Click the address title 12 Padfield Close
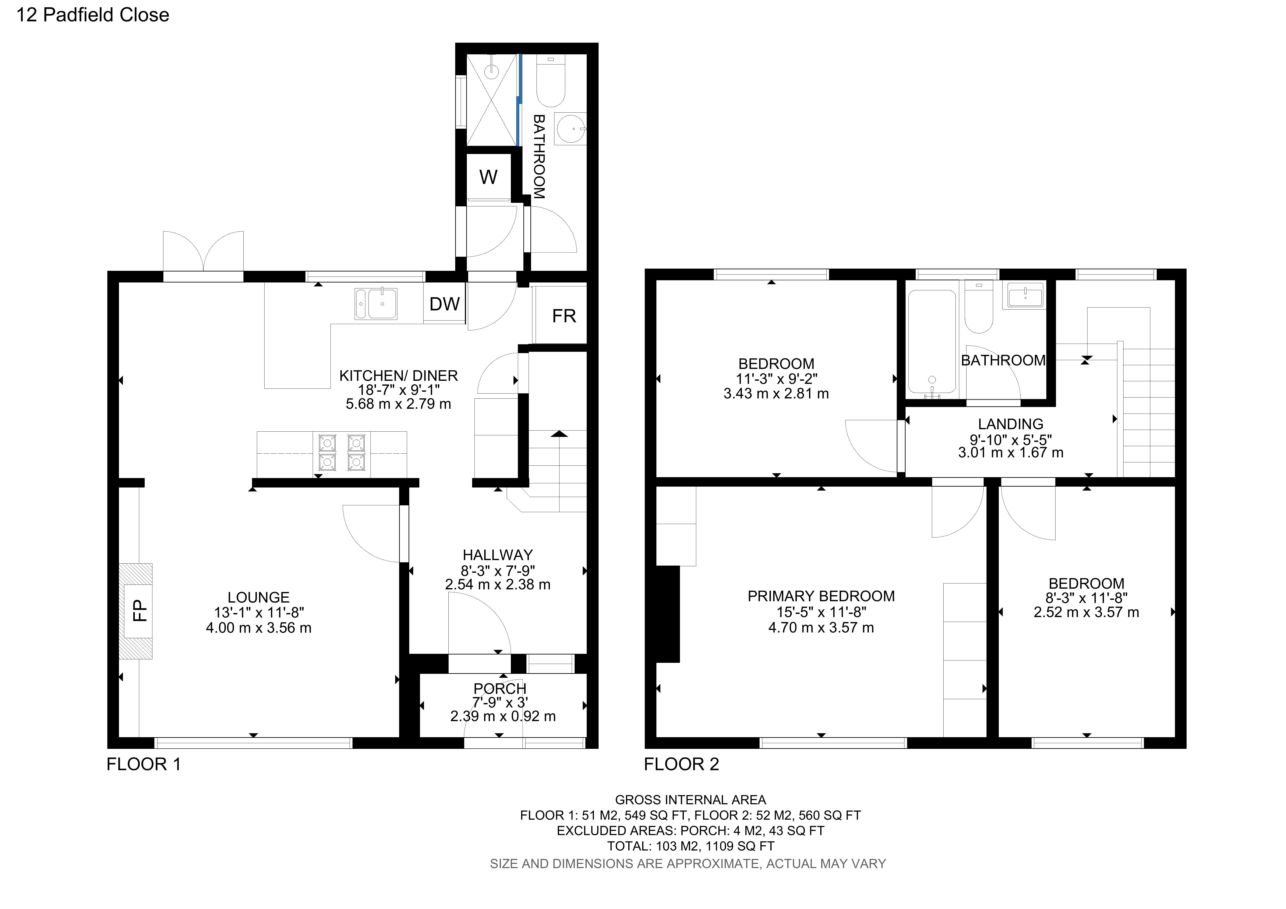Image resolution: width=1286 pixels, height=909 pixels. (x=92, y=15)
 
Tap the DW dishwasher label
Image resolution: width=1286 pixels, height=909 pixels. (x=444, y=304)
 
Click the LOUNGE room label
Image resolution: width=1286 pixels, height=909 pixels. (x=258, y=597)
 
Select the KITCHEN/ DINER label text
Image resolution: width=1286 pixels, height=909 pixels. (x=398, y=376)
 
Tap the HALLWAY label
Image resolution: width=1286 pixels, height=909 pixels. (x=497, y=555)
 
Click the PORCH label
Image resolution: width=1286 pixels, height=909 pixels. (x=500, y=688)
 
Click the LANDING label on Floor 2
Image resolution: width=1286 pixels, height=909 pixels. (x=1010, y=424)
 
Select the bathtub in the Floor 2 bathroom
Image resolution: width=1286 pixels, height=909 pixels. (x=932, y=342)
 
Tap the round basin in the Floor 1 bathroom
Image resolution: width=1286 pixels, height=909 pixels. (x=570, y=128)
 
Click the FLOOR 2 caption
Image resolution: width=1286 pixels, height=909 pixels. (x=681, y=764)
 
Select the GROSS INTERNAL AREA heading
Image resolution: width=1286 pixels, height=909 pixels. (x=690, y=800)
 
